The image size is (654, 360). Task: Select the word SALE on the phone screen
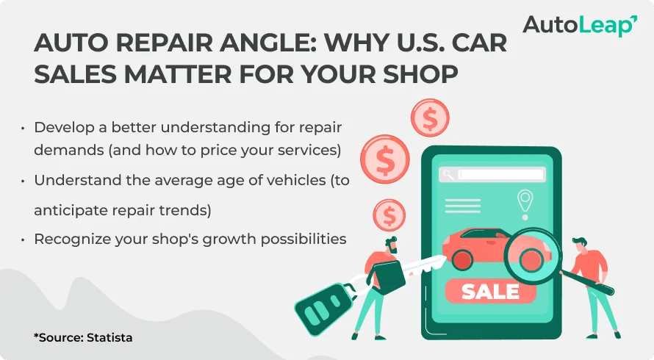coord(489,292)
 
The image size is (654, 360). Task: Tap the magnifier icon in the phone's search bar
coord(448,175)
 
